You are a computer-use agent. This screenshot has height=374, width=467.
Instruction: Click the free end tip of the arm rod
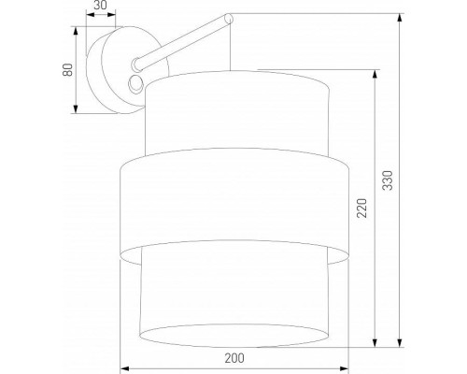227,17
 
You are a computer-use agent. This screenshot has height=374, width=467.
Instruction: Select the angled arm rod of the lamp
182,40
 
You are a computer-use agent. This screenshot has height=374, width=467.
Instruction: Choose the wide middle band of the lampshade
236,206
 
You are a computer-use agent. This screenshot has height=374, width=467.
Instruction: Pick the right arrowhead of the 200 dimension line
349,366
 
